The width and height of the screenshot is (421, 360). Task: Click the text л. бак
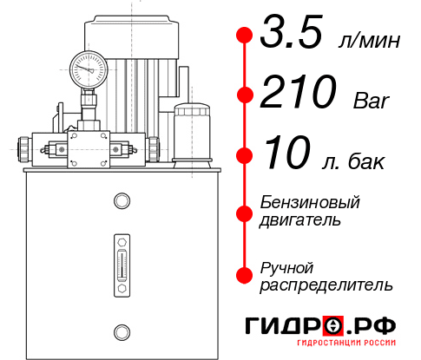pos(355,162)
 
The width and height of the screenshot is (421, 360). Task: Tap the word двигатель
pos(300,220)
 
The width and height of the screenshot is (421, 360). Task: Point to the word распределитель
pos(326,284)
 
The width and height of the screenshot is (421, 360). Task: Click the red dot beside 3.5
pos(245,36)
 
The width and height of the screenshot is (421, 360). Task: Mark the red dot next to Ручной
pos(245,274)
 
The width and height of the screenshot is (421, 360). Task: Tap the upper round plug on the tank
pos(122,201)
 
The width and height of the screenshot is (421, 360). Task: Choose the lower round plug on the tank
pos(122,330)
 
